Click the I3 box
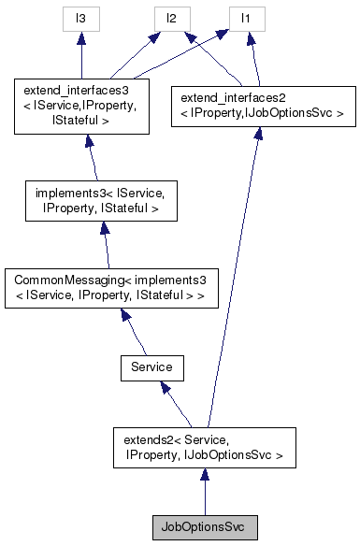coord(81,17)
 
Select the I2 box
coord(171,17)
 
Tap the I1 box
coord(246,17)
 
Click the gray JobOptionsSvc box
coord(204,526)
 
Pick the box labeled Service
coord(151,367)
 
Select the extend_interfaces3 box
coord(81,107)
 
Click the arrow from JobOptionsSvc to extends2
coord(204,493)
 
